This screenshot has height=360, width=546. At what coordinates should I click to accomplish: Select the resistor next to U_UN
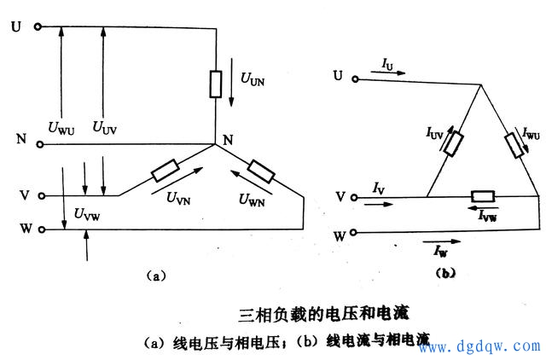218,84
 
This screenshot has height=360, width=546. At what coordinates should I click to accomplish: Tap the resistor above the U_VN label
165,173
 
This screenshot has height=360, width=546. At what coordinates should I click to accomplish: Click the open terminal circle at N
38,144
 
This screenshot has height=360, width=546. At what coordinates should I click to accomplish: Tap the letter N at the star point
227,140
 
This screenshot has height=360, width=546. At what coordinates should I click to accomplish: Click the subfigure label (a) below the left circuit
154,275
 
